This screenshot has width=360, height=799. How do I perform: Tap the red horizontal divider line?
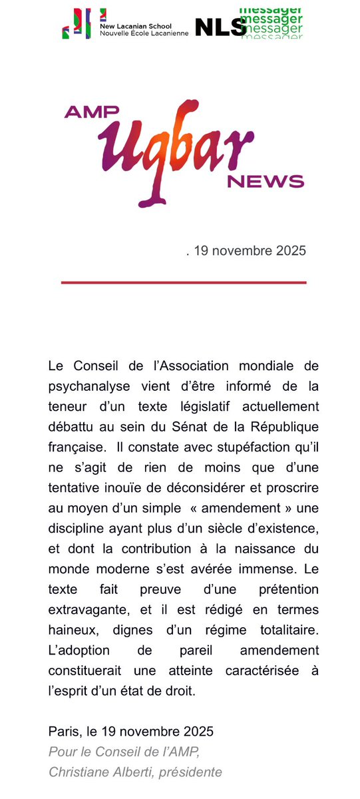click(x=184, y=283)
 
